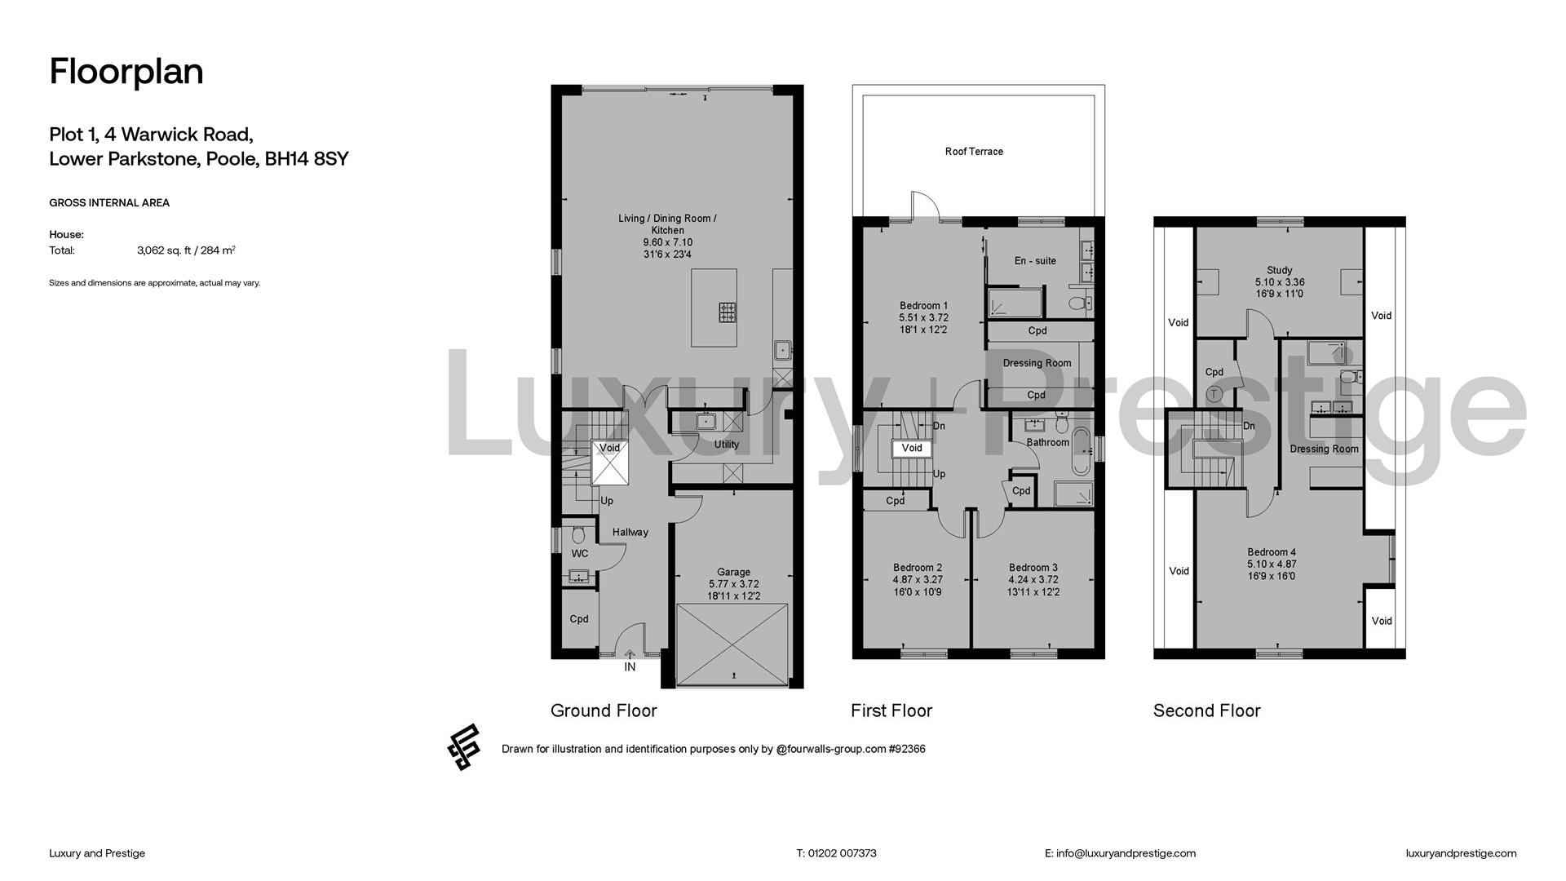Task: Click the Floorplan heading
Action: [126, 72]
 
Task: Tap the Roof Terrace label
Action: [974, 152]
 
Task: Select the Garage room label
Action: [733, 573]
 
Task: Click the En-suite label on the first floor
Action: [1035, 261]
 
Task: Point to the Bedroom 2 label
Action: [918, 568]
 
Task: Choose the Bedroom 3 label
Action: [1033, 568]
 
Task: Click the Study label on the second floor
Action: [1280, 270]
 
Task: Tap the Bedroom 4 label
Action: [1272, 552]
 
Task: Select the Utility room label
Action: [727, 445]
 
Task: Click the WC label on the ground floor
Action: [580, 554]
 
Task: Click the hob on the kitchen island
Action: [727, 312]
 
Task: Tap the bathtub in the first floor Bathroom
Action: [1081, 450]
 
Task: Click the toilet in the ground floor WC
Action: [578, 534]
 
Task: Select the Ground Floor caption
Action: [604, 711]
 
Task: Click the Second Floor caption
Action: [1207, 711]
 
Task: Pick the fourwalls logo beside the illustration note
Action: [463, 747]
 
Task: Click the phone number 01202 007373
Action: [842, 853]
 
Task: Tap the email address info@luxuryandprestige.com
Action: [1126, 853]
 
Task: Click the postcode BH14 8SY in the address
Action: [307, 158]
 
